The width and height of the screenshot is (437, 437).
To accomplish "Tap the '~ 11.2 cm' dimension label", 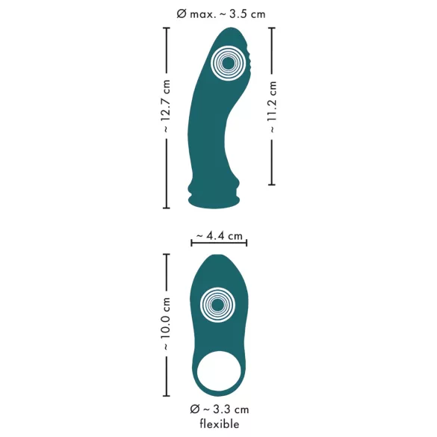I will [x=272, y=106].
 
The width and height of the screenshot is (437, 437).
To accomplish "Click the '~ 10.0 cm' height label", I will [x=166, y=326].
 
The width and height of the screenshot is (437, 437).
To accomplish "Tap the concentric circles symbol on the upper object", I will [x=226, y=64].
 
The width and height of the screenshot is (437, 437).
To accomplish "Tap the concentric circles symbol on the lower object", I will [x=217, y=306].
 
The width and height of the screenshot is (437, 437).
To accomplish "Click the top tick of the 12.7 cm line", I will [x=166, y=28].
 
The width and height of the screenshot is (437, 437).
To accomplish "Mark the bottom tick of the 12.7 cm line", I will [x=166, y=208].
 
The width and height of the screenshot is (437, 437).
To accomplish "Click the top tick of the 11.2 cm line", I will [x=272, y=28].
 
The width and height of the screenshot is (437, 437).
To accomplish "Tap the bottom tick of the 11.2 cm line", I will [x=272, y=185].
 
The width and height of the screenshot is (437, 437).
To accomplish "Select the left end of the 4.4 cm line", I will [x=191, y=241].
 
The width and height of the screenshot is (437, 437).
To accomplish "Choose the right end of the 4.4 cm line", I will [x=247, y=241].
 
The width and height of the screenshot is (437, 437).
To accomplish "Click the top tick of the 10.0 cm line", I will [x=166, y=254].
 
